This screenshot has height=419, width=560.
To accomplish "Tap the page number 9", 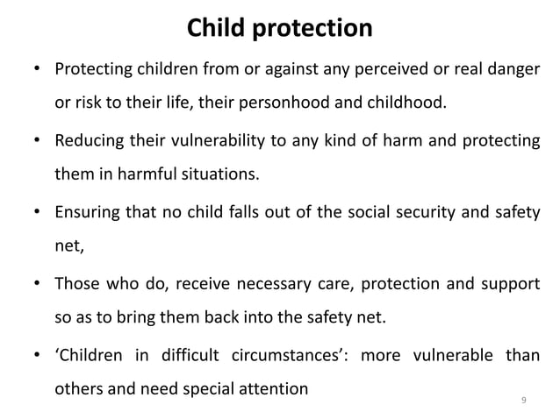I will coord(524,401).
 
